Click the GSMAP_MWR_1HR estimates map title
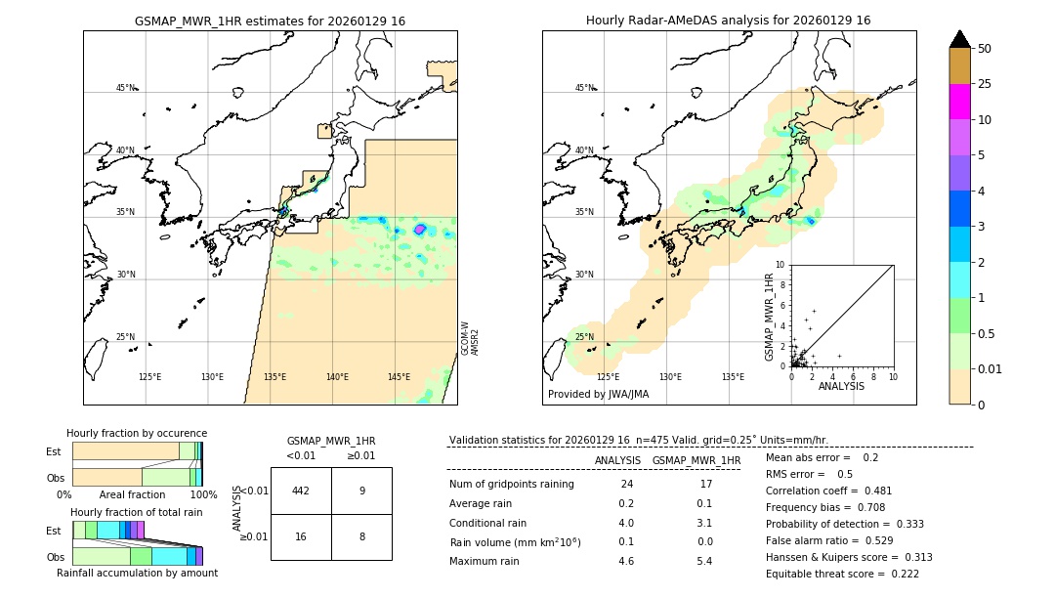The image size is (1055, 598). tap(270, 21)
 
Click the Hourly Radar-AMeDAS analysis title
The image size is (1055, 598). tap(728, 21)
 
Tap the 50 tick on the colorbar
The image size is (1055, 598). tap(985, 49)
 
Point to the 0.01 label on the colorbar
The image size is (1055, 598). tap(991, 368)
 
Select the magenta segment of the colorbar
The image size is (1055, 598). tap(960, 102)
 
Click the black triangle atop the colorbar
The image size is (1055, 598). tap(960, 39)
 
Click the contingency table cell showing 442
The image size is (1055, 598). tap(301, 491)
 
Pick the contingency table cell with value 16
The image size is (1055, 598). tap(301, 536)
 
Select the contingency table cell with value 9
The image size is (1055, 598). tap(361, 491)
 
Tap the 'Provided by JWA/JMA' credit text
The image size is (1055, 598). tap(598, 395)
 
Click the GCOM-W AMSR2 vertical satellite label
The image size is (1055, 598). tap(470, 338)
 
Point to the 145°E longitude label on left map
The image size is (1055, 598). tap(399, 377)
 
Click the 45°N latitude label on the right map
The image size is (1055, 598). tap(584, 88)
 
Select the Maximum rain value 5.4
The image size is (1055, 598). tap(703, 561)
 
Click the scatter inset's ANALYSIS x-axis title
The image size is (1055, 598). tap(841, 387)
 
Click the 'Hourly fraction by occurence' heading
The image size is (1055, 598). tap(137, 433)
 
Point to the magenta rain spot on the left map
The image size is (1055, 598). tap(420, 229)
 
